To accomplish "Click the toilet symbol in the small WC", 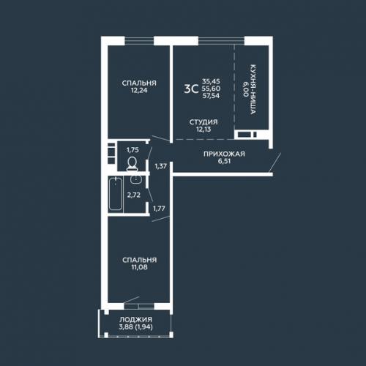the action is pyautogui.click(x=132, y=163).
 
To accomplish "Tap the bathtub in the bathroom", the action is pyautogui.click(x=116, y=194).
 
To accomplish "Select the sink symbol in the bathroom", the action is pyautogui.click(x=135, y=179).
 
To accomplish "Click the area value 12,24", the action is pyautogui.click(x=139, y=90).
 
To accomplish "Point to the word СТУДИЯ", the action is pyautogui.click(x=203, y=122).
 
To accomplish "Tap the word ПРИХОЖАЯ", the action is pyautogui.click(x=224, y=154).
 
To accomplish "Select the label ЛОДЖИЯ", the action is pyautogui.click(x=135, y=319).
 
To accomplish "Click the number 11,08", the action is pyautogui.click(x=139, y=267).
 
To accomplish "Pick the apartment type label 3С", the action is pyautogui.click(x=191, y=89).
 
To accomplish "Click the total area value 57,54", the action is pyautogui.click(x=211, y=96).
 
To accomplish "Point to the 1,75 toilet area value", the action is pyautogui.click(x=132, y=150).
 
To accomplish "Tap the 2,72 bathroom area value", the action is pyautogui.click(x=134, y=195).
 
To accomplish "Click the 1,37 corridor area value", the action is pyautogui.click(x=161, y=166).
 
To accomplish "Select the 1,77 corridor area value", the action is pyautogui.click(x=159, y=209).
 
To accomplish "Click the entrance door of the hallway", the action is pyautogui.click(x=275, y=162).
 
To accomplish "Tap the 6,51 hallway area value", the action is pyautogui.click(x=224, y=161).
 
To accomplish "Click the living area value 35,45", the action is pyautogui.click(x=211, y=81).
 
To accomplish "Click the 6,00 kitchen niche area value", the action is pyautogui.click(x=245, y=89).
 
